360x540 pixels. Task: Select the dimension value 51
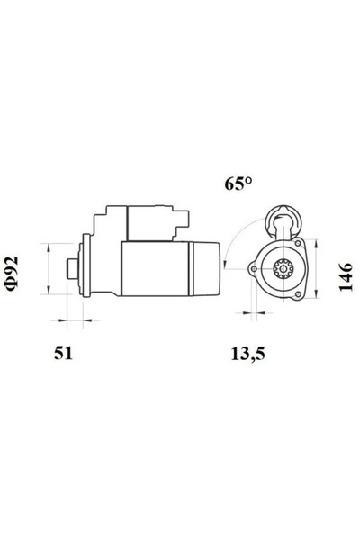tap(62, 353)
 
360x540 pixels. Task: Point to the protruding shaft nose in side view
tap(73, 268)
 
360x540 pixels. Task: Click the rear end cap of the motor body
tap(206, 268)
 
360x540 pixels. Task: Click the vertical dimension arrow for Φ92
tap(47, 268)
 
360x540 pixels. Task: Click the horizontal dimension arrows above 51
tap(72, 319)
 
